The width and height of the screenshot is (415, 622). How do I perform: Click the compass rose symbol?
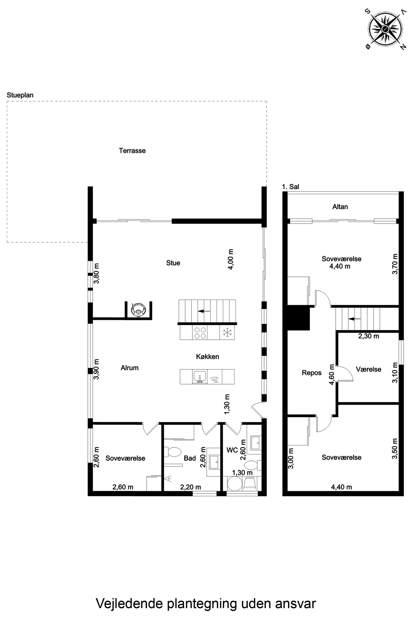385,29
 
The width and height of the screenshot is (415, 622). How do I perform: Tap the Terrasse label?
132,151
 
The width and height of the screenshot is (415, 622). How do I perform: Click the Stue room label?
173,263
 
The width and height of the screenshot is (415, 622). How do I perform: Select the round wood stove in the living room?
138,309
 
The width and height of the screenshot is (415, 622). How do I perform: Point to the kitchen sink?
200,377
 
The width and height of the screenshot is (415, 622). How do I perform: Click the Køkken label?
207,357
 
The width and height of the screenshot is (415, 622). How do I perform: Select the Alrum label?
129,368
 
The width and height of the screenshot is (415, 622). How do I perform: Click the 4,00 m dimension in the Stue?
231,259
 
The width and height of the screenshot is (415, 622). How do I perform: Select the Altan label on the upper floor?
340,206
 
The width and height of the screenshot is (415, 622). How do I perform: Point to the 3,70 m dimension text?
395,264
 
